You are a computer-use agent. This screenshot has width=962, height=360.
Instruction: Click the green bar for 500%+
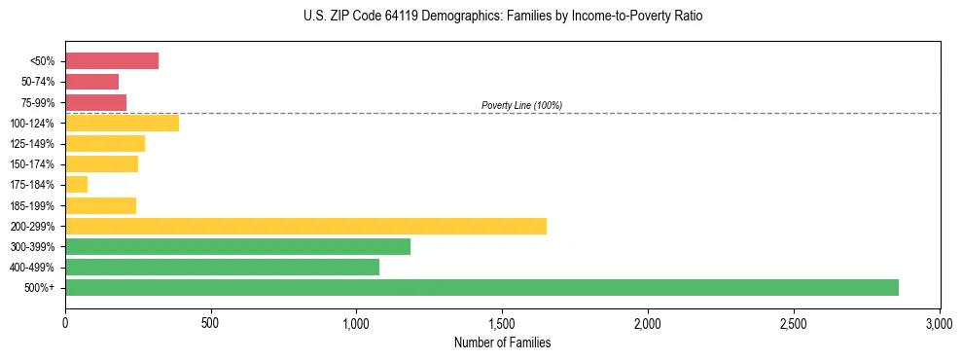pos(481,287)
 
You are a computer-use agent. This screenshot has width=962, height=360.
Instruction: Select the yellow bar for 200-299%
pos(305,226)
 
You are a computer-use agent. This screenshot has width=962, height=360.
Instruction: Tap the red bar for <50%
pos(112,61)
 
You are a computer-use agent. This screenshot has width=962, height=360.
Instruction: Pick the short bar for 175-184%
pos(77,185)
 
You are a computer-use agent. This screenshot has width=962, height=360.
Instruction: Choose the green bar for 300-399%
pos(237,246)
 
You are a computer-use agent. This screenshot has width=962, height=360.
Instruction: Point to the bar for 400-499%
pos(222,267)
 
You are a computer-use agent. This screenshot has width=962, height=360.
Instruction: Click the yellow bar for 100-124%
pos(122,123)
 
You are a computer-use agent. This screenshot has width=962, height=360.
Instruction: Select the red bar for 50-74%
pos(91,82)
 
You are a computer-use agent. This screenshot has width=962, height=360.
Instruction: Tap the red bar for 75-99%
pos(95,102)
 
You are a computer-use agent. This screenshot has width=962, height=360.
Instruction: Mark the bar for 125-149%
pos(105,144)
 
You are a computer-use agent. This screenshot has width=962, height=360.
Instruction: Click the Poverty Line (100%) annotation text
pos(521,105)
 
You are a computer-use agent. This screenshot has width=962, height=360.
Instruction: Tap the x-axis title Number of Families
pos(502,342)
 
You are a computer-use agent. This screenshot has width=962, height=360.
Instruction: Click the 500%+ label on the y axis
pos(39,288)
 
